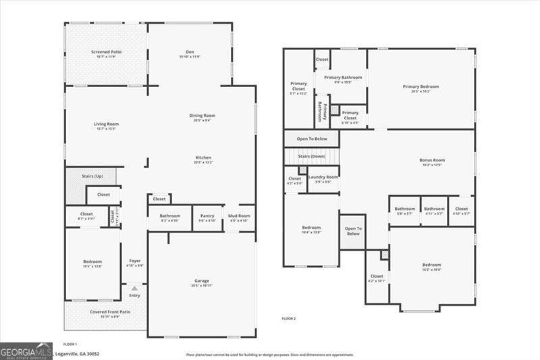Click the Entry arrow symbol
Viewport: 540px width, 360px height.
134,288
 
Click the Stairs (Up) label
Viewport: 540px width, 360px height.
92,176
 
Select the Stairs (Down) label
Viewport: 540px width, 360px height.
312,156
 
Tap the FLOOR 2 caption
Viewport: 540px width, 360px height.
289,318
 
